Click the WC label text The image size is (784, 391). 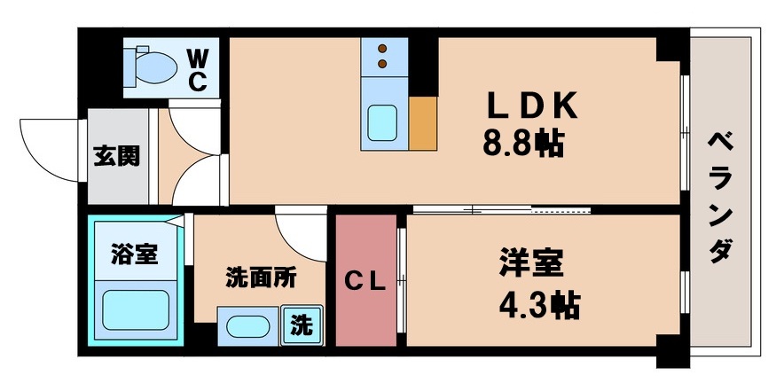[197, 70]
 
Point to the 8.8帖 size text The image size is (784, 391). [523, 144]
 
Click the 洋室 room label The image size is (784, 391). [530, 265]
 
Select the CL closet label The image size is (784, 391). [365, 283]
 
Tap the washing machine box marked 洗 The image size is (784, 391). [302, 325]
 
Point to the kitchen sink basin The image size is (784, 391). [383, 123]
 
